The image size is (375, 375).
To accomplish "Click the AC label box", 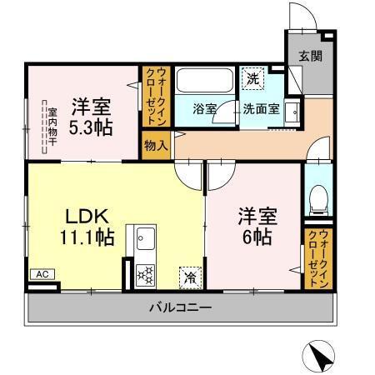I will (41, 273).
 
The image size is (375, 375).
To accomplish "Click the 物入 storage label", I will (156, 144).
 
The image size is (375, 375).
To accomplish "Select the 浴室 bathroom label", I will (205, 109).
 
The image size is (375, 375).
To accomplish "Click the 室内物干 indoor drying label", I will (52, 126).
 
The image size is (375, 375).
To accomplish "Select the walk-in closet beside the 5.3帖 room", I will (156, 96).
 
